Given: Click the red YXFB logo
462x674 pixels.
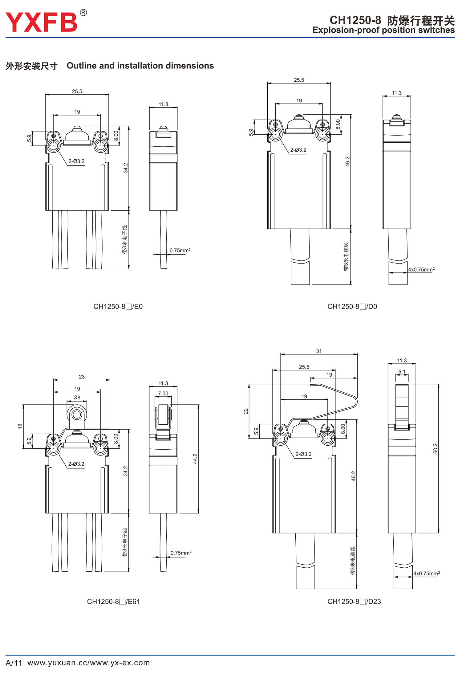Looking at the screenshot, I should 41,22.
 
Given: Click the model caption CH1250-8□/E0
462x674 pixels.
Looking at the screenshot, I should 118,307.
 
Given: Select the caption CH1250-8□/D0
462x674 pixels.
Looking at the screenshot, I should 352,307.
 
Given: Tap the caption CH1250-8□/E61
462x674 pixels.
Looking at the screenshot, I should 113,602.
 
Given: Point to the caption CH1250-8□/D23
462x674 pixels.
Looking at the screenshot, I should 354,602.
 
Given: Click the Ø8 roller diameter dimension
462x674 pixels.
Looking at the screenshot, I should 77,398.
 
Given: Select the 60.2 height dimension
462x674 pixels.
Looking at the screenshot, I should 435,448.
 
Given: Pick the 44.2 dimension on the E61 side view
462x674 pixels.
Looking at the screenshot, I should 195,459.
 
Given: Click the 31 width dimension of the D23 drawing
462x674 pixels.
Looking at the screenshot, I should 319,351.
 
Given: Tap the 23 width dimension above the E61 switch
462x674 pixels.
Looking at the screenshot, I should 82,377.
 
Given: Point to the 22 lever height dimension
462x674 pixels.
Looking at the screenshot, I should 246,411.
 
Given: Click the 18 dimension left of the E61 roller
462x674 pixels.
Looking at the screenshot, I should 20,426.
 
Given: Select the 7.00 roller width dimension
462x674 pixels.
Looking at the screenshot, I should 163,394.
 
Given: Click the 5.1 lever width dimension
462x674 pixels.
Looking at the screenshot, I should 402,372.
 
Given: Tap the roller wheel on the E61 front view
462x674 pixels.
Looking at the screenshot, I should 77,415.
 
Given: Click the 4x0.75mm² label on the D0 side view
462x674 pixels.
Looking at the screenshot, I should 421,270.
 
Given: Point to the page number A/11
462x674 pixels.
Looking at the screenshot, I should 14,663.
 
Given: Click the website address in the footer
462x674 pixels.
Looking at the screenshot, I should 89,663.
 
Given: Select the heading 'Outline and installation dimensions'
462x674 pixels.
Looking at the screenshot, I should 140,66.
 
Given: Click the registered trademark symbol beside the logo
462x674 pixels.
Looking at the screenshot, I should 83,13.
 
